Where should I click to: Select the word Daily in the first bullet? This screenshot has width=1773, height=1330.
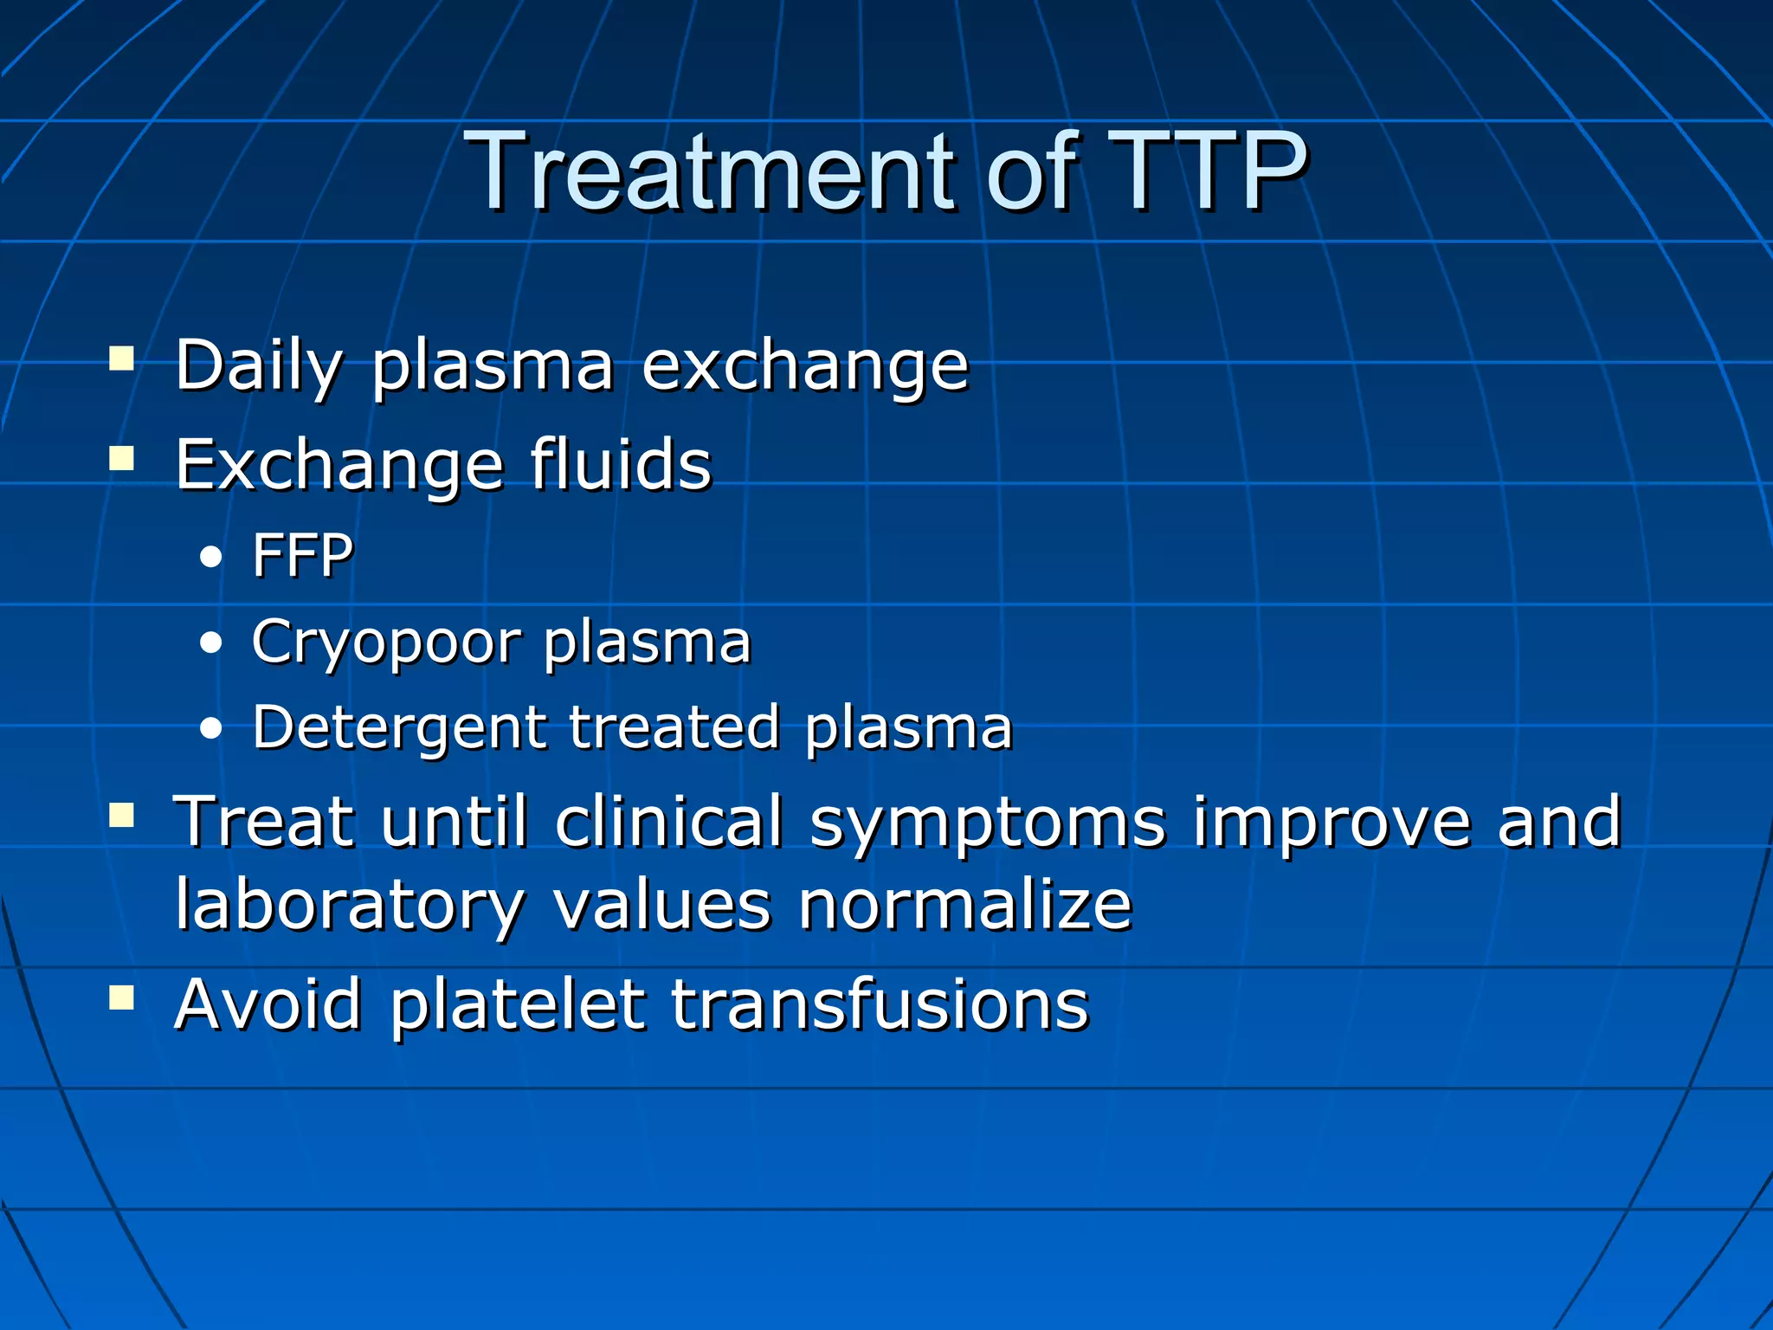point(259,367)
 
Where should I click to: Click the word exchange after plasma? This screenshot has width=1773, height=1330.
point(804,367)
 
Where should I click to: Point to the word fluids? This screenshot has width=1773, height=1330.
point(620,464)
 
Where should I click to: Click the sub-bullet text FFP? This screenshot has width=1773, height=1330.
point(302,555)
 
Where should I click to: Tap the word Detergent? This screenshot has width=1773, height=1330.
point(399,728)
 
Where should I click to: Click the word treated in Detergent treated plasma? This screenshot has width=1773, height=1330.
point(674,726)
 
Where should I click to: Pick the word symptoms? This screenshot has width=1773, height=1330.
point(988,823)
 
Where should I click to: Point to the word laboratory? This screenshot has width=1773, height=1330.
point(350,907)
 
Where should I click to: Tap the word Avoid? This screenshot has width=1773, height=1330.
point(268,1004)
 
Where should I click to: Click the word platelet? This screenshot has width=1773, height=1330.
point(517,1006)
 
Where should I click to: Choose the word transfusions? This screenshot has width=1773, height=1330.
point(880,1004)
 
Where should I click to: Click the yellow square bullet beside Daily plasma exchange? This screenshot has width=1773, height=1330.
point(122,358)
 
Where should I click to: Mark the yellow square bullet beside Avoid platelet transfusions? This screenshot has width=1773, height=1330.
point(122,997)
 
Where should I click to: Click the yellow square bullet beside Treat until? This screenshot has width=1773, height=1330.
point(122,815)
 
